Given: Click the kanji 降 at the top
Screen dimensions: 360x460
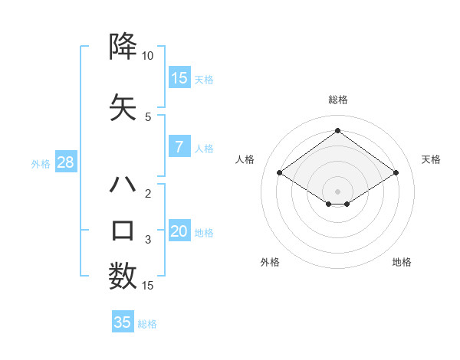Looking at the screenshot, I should pos(123,47).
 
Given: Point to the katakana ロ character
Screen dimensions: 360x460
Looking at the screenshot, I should pos(123,231).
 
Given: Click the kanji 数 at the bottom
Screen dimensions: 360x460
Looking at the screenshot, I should pos(123,277).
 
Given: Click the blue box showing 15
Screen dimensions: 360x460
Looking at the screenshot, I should pos(179,77).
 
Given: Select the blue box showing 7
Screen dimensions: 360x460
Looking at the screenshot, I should pos(179,147).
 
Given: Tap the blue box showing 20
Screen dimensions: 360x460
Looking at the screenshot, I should pos(179,231).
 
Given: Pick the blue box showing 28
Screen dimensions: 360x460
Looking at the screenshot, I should pos(65,162).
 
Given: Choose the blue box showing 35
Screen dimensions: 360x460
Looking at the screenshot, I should pos(123,322).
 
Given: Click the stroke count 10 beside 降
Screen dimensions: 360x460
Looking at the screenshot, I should pos(148,56).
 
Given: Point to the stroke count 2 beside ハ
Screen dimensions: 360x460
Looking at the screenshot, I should pos(148,194).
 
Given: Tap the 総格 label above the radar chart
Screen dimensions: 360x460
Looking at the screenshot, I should pos(337,100).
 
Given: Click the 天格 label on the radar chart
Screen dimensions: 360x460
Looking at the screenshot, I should pos(431,159).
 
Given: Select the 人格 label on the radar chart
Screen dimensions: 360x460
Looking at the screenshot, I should pos(245,159).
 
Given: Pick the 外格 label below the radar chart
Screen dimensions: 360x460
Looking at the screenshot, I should pos(270,262).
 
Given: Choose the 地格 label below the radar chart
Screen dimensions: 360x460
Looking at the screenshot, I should pos(402,262).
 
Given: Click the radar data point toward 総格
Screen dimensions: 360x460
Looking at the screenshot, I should pos(337,130).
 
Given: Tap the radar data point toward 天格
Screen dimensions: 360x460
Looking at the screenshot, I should pos(396,173).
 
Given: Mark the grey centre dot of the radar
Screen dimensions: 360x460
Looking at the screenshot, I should pos(337,190).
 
